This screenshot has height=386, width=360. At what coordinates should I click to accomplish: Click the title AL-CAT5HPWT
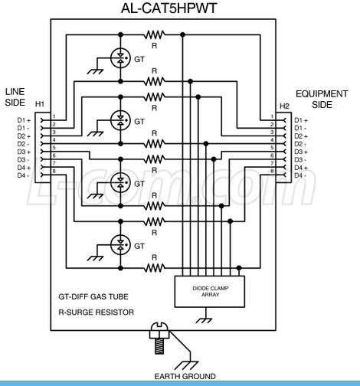pyautogui.click(x=169, y=8)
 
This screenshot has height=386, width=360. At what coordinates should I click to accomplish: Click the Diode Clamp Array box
pyautogui.click(x=210, y=291)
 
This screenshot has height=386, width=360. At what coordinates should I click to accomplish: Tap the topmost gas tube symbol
pyautogui.click(x=120, y=58)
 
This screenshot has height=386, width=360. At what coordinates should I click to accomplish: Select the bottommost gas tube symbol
pyautogui.click(x=120, y=244)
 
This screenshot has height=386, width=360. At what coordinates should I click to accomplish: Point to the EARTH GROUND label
pyautogui.click(x=185, y=376)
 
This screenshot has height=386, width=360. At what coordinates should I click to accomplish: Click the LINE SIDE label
pyautogui.click(x=15, y=97)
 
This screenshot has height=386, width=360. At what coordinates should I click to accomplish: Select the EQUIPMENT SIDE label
pyautogui.click(x=322, y=100)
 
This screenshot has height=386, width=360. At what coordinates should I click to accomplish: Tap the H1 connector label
pyautogui.click(x=40, y=104)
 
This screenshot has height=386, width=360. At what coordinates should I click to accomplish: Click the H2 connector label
pyautogui.click(x=284, y=106)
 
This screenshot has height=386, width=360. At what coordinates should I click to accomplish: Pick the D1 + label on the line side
pyautogui.click(x=24, y=120)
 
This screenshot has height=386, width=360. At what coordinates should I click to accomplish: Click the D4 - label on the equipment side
pyautogui.click(x=300, y=175)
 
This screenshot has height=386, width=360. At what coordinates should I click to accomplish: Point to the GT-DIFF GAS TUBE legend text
pyautogui.click(x=93, y=296)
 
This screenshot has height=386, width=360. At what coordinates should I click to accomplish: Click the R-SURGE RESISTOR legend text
pyautogui.click(x=97, y=312)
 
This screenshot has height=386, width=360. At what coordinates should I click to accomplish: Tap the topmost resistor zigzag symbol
pyautogui.click(x=154, y=34)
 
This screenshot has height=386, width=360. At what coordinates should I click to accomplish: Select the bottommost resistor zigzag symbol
pyautogui.click(x=154, y=268)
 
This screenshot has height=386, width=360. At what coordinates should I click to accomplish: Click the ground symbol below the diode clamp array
pyautogui.click(x=204, y=320)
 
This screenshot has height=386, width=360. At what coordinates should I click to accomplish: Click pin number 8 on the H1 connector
pyautogui.click(x=54, y=172)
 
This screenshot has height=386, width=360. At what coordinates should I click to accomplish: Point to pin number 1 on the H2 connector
pyautogui.click(x=272, y=116)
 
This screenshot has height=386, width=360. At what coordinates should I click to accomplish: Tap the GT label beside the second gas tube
pyautogui.click(x=139, y=122)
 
